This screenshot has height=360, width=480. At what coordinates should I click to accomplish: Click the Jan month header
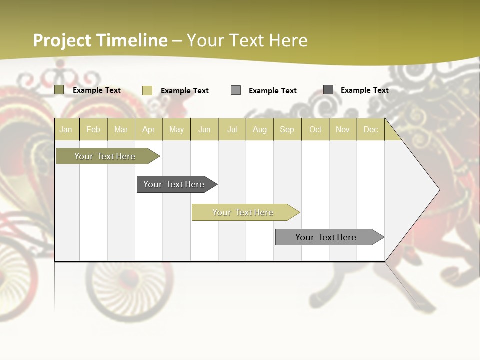pos(66,130)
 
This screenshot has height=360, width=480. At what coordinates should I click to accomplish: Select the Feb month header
pos(93,130)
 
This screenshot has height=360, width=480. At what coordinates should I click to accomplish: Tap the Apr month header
pos(148,130)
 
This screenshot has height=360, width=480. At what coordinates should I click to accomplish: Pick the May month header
pos(176,130)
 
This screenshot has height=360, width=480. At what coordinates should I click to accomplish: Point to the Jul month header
pos(232,130)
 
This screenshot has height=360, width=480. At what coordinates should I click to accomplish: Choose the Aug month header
pos(260,130)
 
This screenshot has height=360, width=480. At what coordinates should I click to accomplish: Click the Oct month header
pos(315,130)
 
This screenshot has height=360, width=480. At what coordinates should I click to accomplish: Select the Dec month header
pos(370,130)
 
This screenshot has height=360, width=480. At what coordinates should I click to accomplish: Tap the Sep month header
pos(287,130)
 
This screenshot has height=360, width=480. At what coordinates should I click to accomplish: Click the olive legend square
pos(59,90)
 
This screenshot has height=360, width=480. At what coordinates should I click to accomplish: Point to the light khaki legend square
pos(147,90)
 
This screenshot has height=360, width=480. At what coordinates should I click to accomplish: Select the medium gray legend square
pos(236,90)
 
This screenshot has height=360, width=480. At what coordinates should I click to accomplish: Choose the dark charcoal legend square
pos(328,90)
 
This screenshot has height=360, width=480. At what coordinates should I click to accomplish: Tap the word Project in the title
pos(62,41)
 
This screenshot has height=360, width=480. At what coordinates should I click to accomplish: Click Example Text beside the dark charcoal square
pos(364,90)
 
